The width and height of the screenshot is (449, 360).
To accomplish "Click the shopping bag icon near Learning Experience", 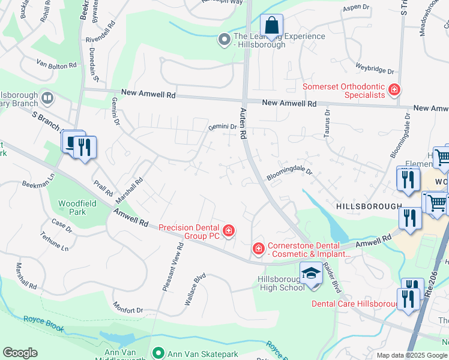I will click(x=271, y=26).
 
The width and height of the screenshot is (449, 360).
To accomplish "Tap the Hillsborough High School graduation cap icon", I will click(x=311, y=275).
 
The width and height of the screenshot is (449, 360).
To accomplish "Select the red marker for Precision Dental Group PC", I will click(x=228, y=230).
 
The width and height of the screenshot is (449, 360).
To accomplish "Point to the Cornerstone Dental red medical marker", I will click(x=258, y=248).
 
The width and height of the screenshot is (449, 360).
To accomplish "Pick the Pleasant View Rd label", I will click(x=172, y=269).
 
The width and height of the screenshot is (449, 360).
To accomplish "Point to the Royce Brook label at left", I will click(x=43, y=320).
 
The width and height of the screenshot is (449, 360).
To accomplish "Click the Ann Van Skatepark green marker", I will click(x=158, y=352).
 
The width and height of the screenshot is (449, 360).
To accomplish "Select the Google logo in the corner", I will click(x=20, y=353).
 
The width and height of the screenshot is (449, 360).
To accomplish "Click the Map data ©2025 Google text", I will click(x=411, y=355).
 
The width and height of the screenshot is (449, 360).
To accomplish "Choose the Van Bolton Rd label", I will click(x=56, y=64).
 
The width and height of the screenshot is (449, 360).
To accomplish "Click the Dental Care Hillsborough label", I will click(x=354, y=304).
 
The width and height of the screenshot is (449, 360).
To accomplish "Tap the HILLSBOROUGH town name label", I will click(x=369, y=206).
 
